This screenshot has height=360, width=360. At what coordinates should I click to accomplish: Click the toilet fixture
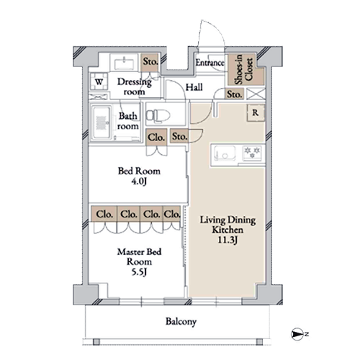pyautogui.click(x=158, y=116)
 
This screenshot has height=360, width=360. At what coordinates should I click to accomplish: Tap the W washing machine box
pyautogui.click(x=99, y=81)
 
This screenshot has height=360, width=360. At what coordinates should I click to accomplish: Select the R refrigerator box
pyautogui.click(x=256, y=112)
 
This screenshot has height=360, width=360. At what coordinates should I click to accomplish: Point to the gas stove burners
pyautogui.click(x=252, y=153)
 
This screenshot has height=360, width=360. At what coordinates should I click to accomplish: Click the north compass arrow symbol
pyautogui.click(x=297, y=334)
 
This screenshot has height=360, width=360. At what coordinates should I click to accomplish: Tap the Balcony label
pyautogui.click(x=181, y=322)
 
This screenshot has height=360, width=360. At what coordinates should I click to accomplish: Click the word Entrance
pyautogui.click(x=210, y=63)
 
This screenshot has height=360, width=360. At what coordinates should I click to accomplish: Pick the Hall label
pyautogui.click(x=194, y=87)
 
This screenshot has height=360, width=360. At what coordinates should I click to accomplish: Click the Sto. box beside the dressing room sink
pyautogui.click(x=150, y=62)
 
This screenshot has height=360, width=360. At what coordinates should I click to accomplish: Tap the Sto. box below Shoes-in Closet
pyautogui.click(x=234, y=94)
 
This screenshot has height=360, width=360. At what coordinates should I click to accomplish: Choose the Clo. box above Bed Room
pyautogui.click(x=156, y=138)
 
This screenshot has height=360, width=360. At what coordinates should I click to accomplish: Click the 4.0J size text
pyautogui.click(x=139, y=181)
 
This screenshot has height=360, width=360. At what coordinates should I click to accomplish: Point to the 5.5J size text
pyautogui.click(x=139, y=272)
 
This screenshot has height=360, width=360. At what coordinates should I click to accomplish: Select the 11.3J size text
pyautogui.click(x=228, y=240)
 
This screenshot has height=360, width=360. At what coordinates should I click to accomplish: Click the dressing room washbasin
pyautogui.click(x=124, y=63)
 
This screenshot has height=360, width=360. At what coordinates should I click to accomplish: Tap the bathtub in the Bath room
pyautogui.click(x=102, y=122)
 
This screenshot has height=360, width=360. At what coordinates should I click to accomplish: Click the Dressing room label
pyautogui.click(x=135, y=86)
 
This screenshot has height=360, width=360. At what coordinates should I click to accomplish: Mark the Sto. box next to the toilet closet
pyautogui.click(x=179, y=136)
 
